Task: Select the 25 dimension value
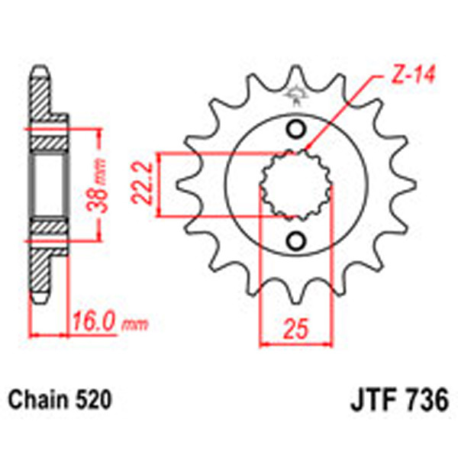297,330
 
